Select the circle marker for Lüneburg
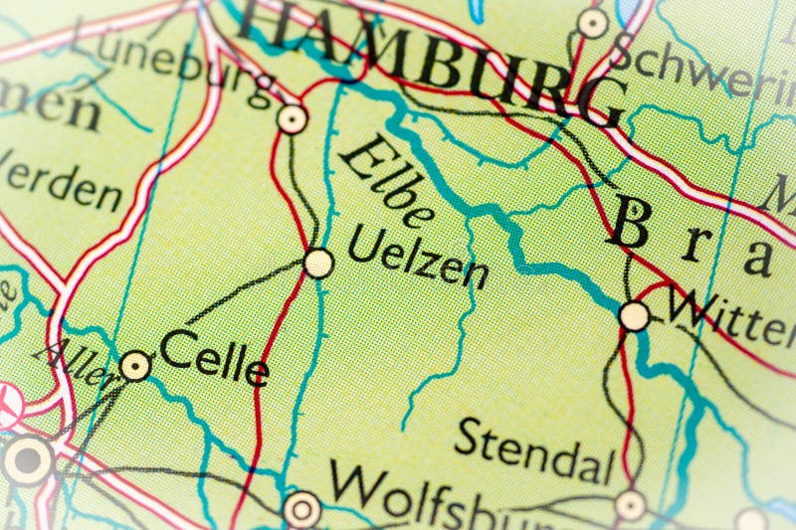[x=292, y=119]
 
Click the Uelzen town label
[x=418, y=257]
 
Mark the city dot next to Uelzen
[x=318, y=264]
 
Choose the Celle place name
[x=214, y=357]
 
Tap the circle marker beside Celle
[x=135, y=366]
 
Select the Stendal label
[x=532, y=453]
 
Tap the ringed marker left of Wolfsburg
[x=301, y=509]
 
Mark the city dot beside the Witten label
[x=634, y=316]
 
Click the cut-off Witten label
[x=731, y=316]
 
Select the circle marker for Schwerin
[x=593, y=23]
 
